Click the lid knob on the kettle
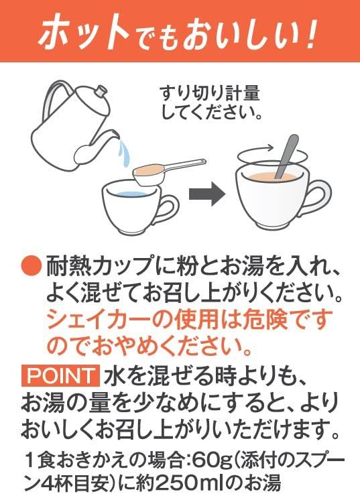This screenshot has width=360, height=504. (x=101, y=90)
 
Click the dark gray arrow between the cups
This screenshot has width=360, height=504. (x=206, y=193)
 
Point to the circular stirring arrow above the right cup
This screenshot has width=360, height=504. (x=272, y=156)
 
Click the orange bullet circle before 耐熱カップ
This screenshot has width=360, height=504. (x=32, y=267)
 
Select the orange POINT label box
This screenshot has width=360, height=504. (x=60, y=375)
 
